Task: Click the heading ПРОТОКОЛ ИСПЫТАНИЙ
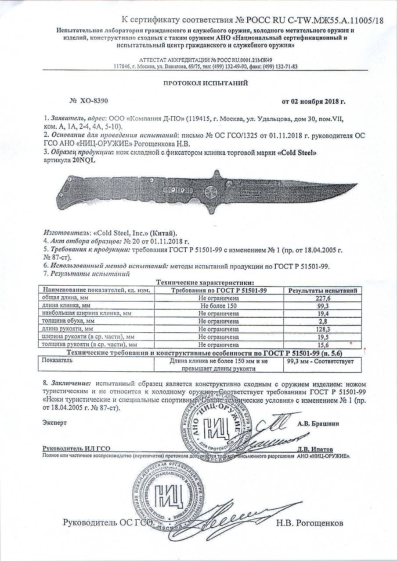coord(199,82)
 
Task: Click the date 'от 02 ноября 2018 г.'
coord(313,101)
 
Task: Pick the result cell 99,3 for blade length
coord(325,305)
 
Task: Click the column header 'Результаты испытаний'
coord(325,290)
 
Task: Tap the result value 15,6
coord(325,345)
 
